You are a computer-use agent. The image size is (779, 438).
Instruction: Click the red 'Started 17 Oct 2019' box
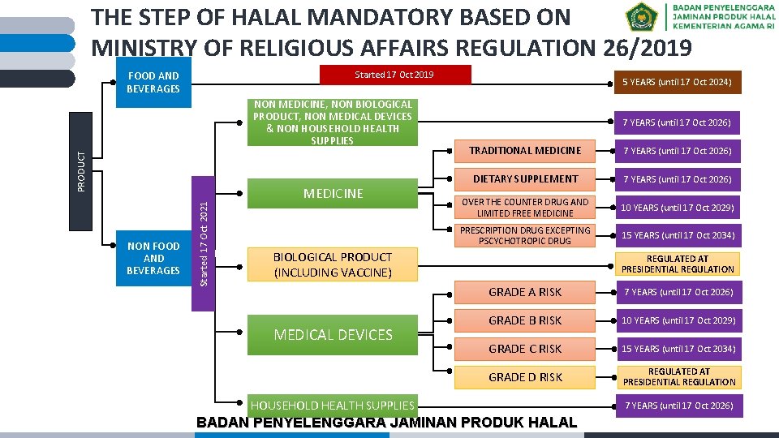tap(395, 75)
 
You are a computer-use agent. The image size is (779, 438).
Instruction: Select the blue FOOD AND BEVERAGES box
tap(153, 82)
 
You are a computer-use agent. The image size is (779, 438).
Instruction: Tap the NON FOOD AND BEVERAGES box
tap(153, 258)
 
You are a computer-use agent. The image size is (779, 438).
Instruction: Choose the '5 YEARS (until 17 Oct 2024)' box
tap(678, 82)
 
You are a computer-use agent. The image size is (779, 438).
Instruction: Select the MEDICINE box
tap(333, 193)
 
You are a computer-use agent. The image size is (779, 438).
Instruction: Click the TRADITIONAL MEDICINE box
tap(525, 150)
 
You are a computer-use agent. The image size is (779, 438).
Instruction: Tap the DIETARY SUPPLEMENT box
tap(525, 178)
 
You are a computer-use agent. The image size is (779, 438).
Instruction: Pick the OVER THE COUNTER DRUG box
tap(525, 208)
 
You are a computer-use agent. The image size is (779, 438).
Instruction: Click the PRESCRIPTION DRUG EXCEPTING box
tap(525, 235)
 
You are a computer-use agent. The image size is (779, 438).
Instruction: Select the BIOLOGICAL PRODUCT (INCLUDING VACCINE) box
tap(333, 264)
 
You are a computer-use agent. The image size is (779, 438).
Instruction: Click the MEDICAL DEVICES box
tap(333, 334)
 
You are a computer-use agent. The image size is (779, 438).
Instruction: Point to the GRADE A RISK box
tap(525, 292)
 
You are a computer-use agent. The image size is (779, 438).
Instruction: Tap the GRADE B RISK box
tap(525, 320)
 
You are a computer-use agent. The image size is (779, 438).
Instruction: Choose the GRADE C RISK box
tap(525, 349)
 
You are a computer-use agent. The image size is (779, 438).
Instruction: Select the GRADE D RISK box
tap(525, 377)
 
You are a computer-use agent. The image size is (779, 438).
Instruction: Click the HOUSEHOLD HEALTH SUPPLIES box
tap(332, 405)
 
